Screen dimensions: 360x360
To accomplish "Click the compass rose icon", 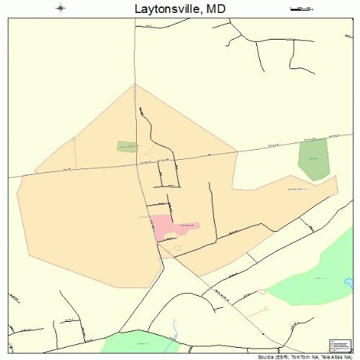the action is click(x=60, y=9).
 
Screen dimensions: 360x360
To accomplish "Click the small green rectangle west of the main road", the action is click(x=127, y=146).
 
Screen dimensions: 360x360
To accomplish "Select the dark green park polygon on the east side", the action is click(x=313, y=159).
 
